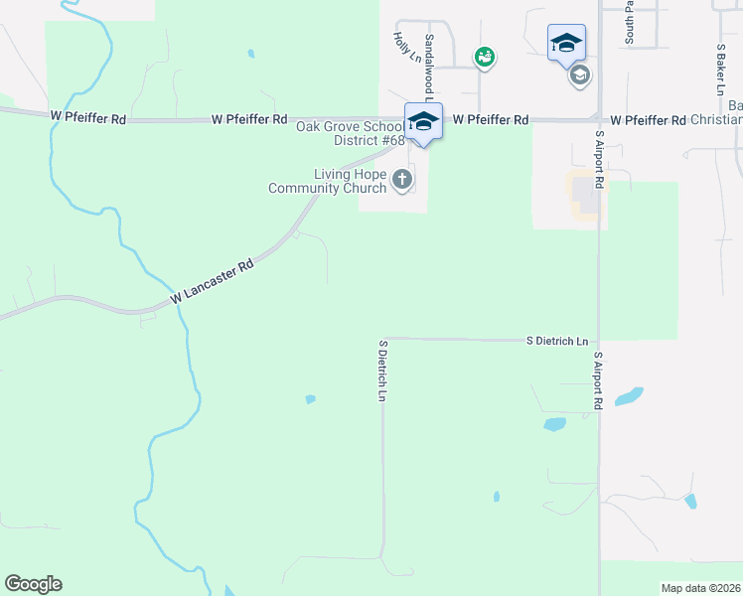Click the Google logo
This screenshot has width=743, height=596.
tap(34, 584)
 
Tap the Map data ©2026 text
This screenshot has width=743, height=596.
tap(701, 588)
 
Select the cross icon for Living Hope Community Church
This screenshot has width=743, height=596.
tap(402, 180)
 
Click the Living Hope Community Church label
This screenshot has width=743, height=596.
tap(328, 181)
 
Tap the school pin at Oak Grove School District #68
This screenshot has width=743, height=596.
tap(423, 122)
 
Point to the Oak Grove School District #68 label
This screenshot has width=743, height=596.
tap(351, 133)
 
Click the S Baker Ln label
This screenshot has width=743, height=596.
tap(721, 69)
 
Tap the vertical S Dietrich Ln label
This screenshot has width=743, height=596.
tap(382, 371)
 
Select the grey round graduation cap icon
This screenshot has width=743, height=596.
tap(580, 74)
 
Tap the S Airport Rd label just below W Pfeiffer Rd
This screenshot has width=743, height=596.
tap(599, 160)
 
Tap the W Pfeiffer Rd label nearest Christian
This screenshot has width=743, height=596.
tap(648, 120)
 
